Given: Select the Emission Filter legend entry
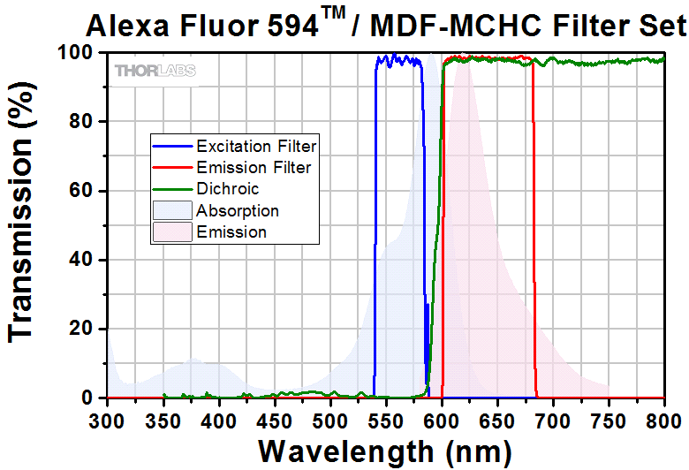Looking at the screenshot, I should click(253, 167).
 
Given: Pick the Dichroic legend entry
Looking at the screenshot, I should click(227, 189).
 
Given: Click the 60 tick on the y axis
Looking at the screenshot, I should click(81, 191).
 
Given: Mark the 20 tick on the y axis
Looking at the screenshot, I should click(81, 329).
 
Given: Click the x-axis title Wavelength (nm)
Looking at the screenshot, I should click(384, 451).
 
